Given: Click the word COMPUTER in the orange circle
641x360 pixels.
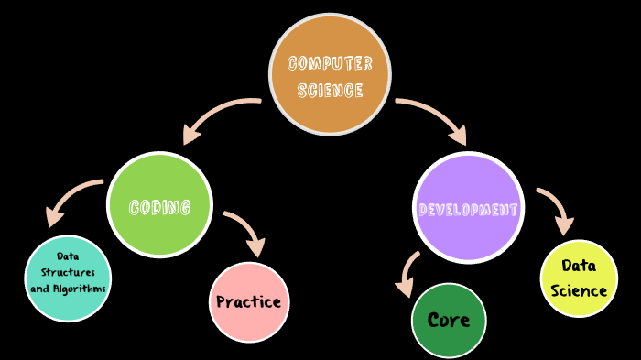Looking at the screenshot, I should click(x=330, y=63).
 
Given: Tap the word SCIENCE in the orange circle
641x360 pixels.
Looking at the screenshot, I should click(x=330, y=90).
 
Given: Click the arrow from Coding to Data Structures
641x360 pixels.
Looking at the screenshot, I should click(x=69, y=197).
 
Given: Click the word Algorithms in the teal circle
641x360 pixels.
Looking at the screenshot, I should click(x=80, y=288).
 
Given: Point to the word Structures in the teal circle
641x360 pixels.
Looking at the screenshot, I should click(x=68, y=272).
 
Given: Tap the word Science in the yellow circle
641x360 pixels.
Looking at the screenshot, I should click(x=579, y=290).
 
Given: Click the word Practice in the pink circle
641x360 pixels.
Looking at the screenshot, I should click(x=249, y=301).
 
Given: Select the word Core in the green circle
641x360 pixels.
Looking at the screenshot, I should click(x=449, y=320).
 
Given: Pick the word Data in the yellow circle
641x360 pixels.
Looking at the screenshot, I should click(x=579, y=266).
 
